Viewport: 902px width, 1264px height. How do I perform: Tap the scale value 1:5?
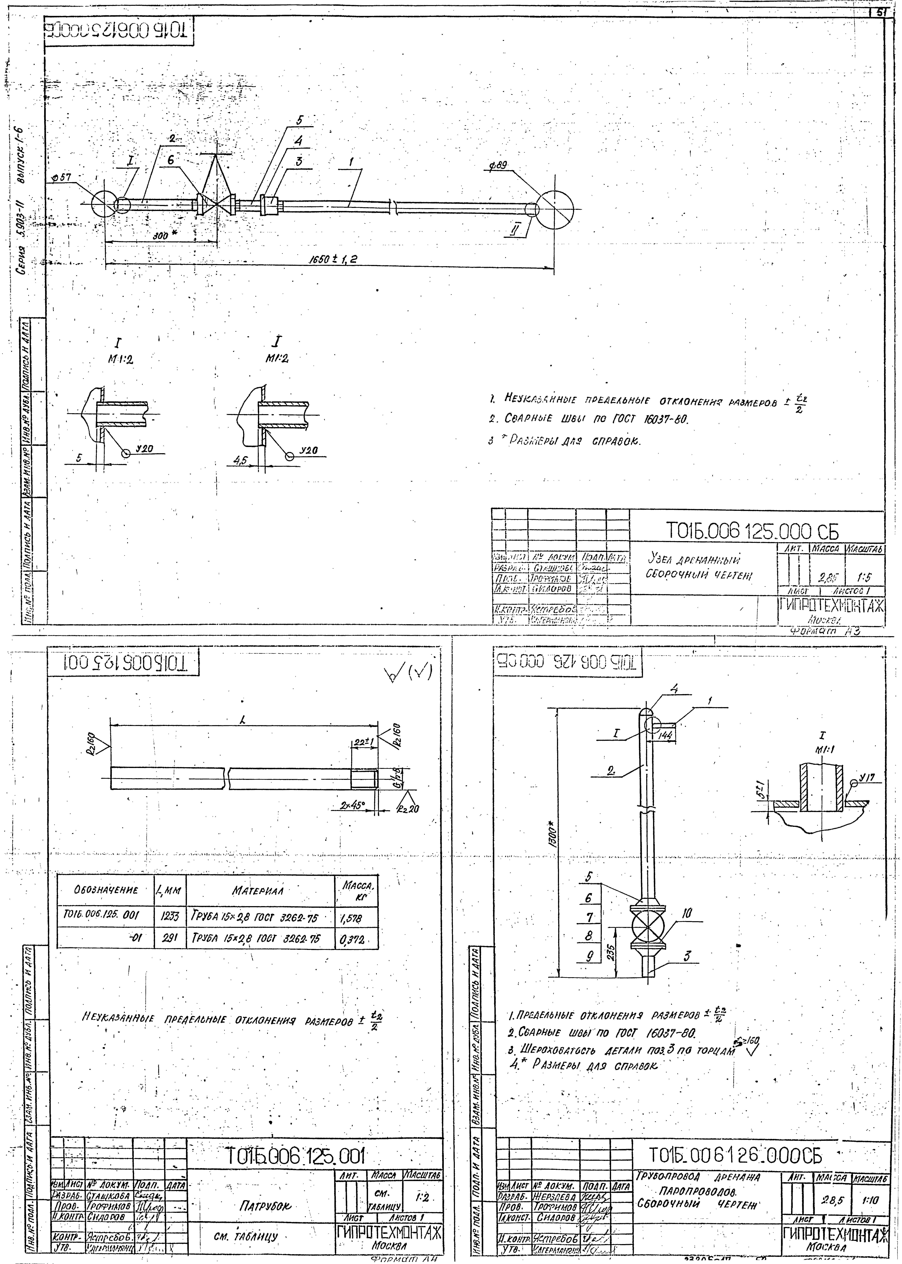[865, 577]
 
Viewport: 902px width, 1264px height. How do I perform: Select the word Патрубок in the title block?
[264, 1206]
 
